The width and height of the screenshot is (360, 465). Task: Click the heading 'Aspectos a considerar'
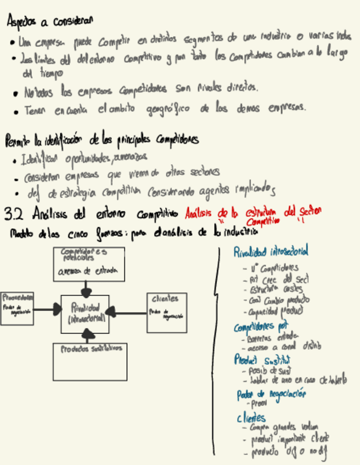pyautogui.click(x=50, y=21)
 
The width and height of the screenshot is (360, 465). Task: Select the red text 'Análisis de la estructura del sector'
pyautogui.click(x=253, y=212)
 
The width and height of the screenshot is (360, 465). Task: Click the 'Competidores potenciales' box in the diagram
pyautogui.click(x=88, y=264)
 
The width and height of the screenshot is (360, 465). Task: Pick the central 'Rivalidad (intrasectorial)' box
pyautogui.click(x=85, y=314)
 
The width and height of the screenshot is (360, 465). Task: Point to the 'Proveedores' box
pyautogui.click(x=16, y=309)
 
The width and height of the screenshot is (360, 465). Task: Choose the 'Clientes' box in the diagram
pyautogui.click(x=167, y=313)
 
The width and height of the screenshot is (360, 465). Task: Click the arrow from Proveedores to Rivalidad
pyautogui.click(x=48, y=310)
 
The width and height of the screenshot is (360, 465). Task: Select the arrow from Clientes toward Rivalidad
pyautogui.click(x=126, y=313)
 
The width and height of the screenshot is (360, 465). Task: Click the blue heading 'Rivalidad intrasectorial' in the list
pyautogui.click(x=271, y=252)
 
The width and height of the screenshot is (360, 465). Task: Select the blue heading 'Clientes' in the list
pyautogui.click(x=251, y=417)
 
